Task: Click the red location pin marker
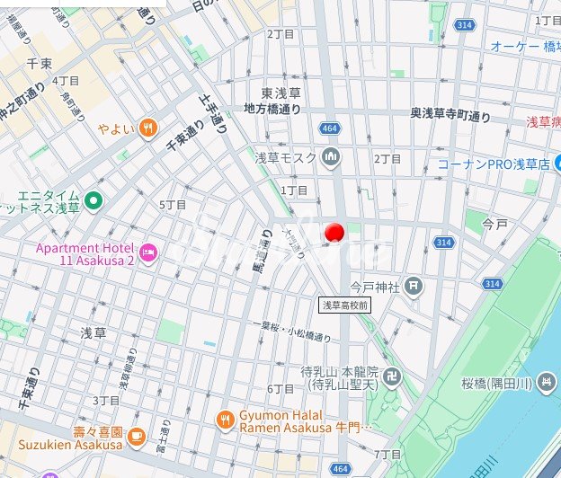(x=334, y=234)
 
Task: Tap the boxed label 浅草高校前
(x=344, y=305)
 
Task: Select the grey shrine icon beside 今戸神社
(x=413, y=288)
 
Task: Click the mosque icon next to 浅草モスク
(x=331, y=158)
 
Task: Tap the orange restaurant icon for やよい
(x=148, y=128)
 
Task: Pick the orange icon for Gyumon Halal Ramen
(x=225, y=420)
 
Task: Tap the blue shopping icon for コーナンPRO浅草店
(x=427, y=164)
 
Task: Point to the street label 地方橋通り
(x=272, y=108)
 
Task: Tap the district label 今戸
(x=495, y=221)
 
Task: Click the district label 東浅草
(x=280, y=93)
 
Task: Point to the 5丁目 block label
(x=173, y=205)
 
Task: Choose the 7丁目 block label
(x=387, y=454)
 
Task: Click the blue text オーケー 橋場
(x=525, y=46)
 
